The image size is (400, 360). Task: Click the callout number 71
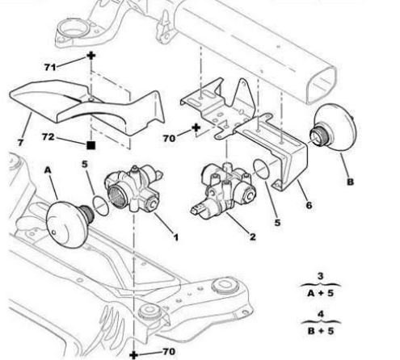coord(50,67)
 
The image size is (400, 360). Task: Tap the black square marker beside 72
coord(91,145)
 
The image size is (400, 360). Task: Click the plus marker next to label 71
coord(91,56)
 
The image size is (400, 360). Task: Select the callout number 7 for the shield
coord(20,142)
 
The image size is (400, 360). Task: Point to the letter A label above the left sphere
coord(48,170)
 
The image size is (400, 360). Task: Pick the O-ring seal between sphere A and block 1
coord(101,206)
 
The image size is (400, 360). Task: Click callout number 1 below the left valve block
coord(175,237)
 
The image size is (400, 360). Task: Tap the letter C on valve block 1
coord(152,204)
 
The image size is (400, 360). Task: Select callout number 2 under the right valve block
coord(252,237)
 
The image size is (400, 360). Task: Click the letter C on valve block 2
coord(250,196)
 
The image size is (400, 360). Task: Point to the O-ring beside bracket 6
coord(261,169)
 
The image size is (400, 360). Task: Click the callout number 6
coord(309,205)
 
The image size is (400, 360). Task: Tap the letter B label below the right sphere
coord(350,182)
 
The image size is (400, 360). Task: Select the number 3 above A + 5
coord(320,276)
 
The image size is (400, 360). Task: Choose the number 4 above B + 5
coord(321,314)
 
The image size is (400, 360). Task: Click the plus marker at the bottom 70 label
coord(134,354)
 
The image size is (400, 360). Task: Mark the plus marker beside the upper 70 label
coord(196,128)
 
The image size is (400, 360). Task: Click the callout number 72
coord(48,137)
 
